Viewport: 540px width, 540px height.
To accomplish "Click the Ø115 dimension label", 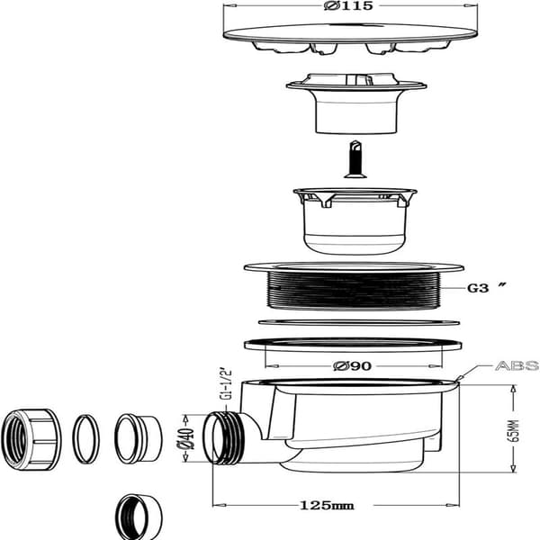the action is [x=348, y=6].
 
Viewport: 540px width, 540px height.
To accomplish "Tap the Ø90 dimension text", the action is [x=352, y=365].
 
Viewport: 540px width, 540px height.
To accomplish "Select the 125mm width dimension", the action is [x=327, y=505].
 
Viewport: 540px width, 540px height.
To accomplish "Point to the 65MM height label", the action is [x=514, y=430].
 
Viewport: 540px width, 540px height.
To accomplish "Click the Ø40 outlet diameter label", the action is [x=185, y=438].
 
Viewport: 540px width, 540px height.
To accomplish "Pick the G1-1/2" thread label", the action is [x=226, y=385].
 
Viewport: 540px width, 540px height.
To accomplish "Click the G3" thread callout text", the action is [x=487, y=287].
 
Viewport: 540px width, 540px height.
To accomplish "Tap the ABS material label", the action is [x=517, y=365].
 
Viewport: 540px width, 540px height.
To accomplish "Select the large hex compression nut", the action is [x=31, y=439].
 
